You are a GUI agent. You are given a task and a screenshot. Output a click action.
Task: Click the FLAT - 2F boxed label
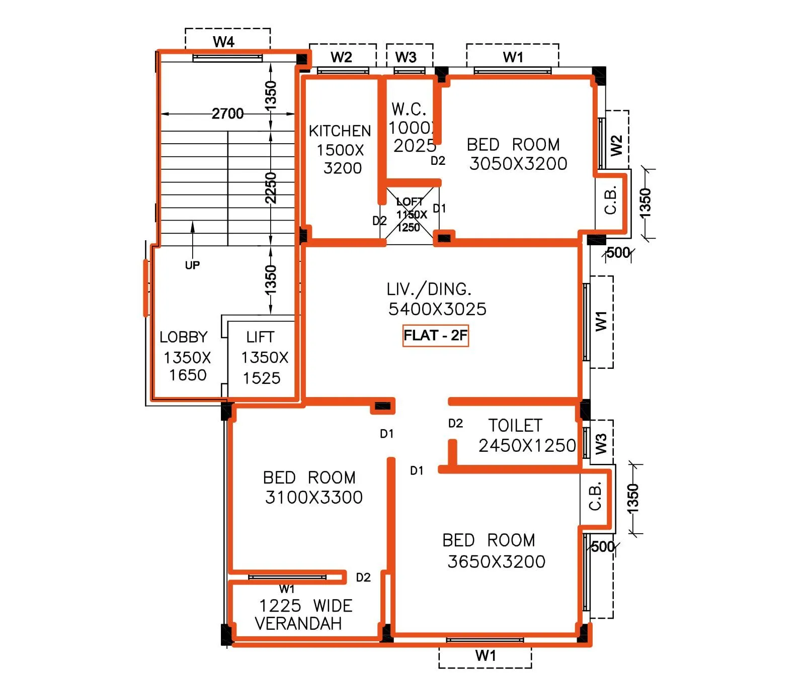coord(435,336)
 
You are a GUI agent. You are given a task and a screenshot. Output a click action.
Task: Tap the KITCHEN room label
coord(340,131)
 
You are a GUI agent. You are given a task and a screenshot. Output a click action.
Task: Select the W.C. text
coord(409,109)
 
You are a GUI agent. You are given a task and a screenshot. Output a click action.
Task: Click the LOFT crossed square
coord(410,215)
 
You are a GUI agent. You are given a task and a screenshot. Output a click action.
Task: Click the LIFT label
coord(260,337)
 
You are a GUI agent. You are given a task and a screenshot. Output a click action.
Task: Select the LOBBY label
coord(183,337)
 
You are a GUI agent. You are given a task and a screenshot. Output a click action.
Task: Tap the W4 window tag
coord(223,42)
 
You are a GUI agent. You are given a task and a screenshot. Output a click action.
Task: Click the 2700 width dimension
coord(227,114)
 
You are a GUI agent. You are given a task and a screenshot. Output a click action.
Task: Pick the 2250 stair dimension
coord(271,187)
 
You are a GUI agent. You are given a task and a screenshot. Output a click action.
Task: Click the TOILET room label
coord(515,426)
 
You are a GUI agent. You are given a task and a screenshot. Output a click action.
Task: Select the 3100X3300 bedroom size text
coord(313,498)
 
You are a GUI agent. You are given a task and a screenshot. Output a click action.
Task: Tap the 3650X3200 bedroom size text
coord(496,562)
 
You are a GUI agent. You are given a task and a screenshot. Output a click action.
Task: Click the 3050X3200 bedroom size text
coord(518,164)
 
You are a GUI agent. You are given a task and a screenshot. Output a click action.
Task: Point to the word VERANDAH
coord(298,624)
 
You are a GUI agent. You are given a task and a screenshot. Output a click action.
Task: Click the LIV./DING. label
coord(429,289)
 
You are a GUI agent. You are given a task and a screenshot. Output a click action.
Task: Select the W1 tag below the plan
coord(486,655)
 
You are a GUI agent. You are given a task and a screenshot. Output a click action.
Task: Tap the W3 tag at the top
coord(406,57)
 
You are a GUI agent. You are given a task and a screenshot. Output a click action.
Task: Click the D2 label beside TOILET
coord(455,424)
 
